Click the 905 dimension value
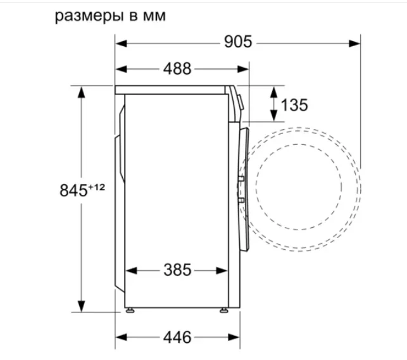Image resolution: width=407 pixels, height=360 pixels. pyautogui.click(x=238, y=42)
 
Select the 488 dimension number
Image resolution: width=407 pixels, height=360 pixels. pyautogui.click(x=177, y=69)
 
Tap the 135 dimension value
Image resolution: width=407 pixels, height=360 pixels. pyautogui.click(x=294, y=105)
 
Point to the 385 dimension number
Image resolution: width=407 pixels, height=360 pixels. pyautogui.click(x=177, y=270)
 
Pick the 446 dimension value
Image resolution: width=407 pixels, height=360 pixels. pyautogui.click(x=177, y=337)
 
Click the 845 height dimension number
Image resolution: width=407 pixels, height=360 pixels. pyautogui.click(x=73, y=190)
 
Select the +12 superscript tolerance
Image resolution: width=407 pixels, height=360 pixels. pyautogui.click(x=97, y=187)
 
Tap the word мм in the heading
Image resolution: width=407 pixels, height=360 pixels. pyautogui.click(x=154, y=16)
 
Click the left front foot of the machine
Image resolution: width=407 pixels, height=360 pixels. pyautogui.click(x=130, y=310)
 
